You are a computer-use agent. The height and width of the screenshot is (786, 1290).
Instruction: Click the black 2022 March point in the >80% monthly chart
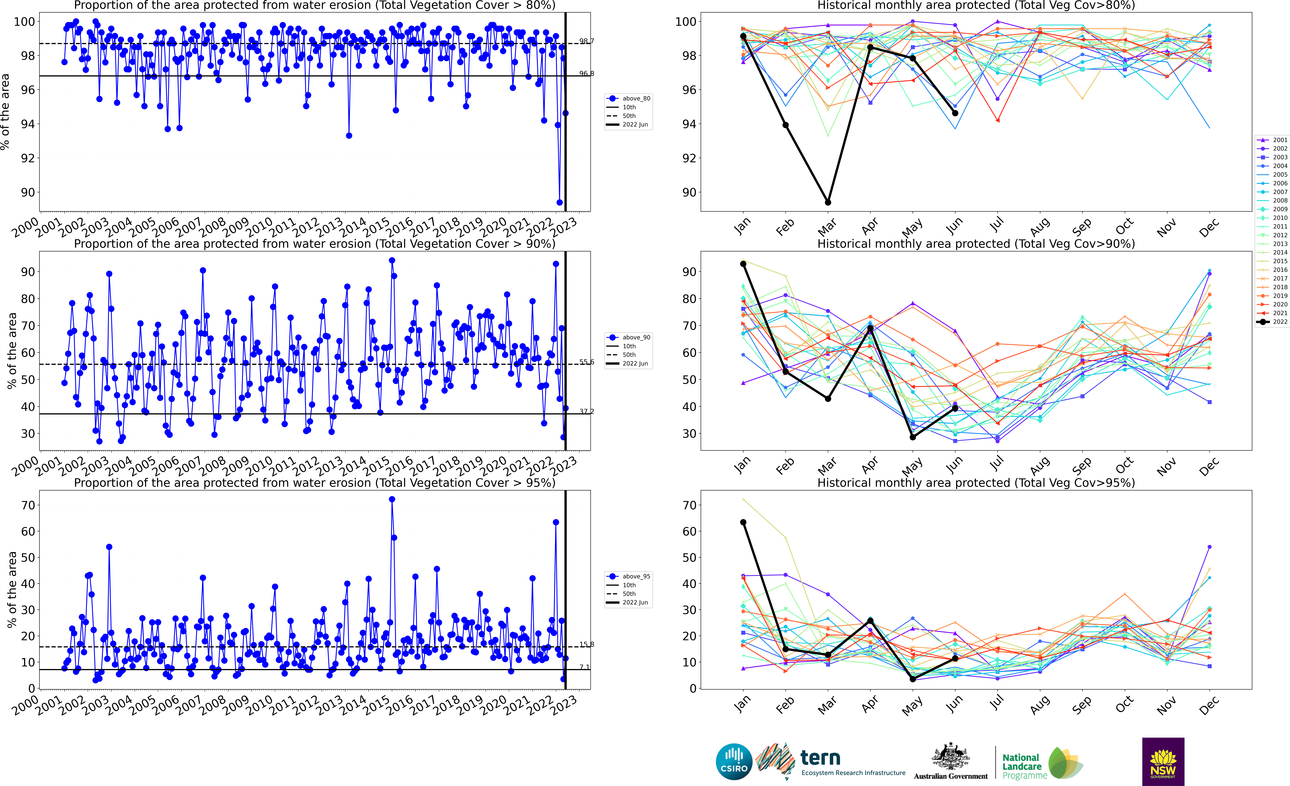(828, 202)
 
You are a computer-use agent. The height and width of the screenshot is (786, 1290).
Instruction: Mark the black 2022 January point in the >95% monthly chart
(743, 522)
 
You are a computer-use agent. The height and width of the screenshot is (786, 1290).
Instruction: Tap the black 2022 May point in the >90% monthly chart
(912, 437)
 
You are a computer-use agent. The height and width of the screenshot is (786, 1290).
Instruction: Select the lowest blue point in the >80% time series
(560, 202)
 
